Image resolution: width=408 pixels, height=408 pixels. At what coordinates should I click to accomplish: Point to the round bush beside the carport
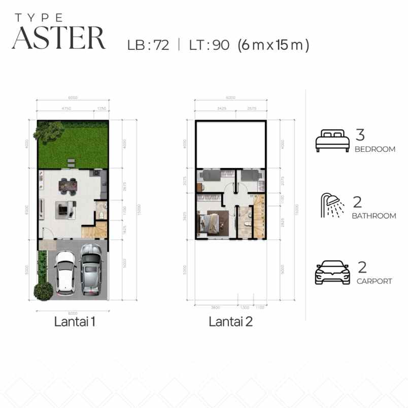[x=43, y=291]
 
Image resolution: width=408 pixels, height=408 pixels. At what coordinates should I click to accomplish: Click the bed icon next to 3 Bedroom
[x=332, y=141]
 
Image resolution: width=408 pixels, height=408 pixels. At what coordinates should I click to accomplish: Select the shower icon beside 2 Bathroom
[x=332, y=206]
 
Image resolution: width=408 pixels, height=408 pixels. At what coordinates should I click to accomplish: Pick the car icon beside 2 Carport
[x=332, y=273]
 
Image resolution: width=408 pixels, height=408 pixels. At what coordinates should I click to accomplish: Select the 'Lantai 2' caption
[x=231, y=321]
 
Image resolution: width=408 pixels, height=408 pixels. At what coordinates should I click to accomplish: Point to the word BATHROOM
[x=374, y=216]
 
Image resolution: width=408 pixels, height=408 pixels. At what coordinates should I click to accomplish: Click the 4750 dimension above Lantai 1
[x=65, y=109]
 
